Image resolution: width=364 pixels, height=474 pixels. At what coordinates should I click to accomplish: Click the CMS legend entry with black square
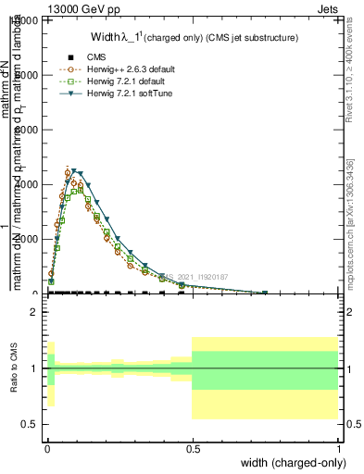point(88,57)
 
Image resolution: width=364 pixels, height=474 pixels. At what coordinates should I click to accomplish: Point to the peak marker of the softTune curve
point(75,172)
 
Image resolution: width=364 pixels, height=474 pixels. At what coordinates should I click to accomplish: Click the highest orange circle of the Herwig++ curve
point(68,173)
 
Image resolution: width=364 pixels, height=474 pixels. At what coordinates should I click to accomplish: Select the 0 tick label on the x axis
point(46,448)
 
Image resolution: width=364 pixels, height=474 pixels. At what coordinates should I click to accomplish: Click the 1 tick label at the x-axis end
point(338,448)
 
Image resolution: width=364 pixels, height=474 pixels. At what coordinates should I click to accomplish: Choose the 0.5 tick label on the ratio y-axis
point(31,424)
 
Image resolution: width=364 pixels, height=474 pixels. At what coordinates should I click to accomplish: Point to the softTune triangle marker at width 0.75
point(265,293)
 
